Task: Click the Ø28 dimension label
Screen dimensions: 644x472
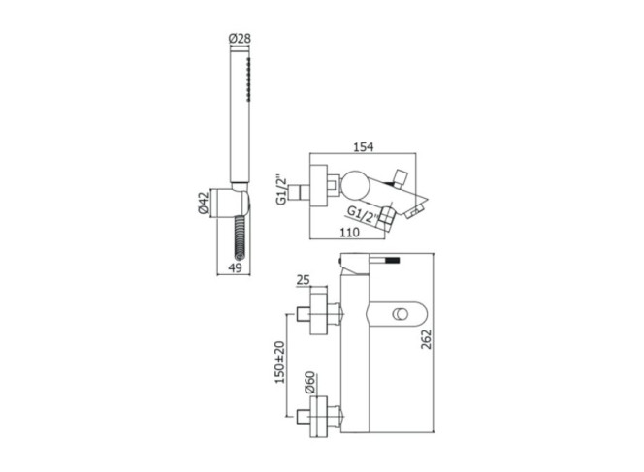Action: click(x=239, y=39)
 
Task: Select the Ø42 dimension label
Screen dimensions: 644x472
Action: click(x=204, y=204)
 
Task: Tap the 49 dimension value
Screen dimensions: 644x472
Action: click(x=236, y=268)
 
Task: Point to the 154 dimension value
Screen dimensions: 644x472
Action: click(x=364, y=146)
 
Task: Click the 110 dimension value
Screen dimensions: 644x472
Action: click(x=349, y=233)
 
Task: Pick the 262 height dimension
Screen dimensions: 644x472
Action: click(x=427, y=339)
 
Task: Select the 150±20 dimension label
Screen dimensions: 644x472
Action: click(x=279, y=362)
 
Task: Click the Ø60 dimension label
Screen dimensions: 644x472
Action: click(x=309, y=383)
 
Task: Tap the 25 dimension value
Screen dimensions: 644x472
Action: click(x=303, y=280)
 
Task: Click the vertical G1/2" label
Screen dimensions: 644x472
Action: click(x=281, y=190)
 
